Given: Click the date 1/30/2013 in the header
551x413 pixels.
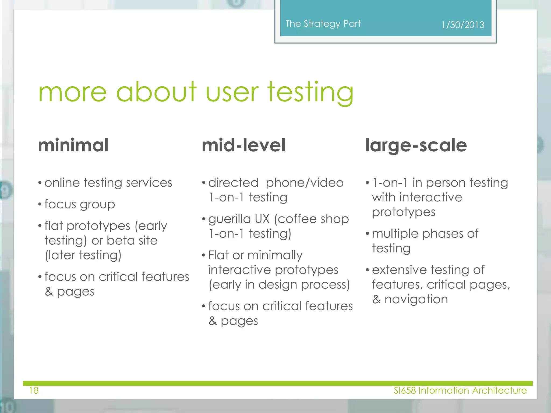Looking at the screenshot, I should coord(463,25).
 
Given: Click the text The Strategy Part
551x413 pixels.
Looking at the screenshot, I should coord(323,24).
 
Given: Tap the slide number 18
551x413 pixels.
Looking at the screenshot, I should coord(34,390).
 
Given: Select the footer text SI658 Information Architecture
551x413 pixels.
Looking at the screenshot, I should coord(460,390).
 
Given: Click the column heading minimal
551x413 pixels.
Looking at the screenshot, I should coord(73,145).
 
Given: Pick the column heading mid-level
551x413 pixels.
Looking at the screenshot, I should coord(243,145).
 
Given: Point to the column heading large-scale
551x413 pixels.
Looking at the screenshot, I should coord(416,145).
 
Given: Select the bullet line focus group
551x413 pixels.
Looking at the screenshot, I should coord(80,204).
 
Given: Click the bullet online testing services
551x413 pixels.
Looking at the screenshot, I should coord(108,183).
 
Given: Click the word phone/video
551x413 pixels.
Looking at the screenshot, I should coord(305,183).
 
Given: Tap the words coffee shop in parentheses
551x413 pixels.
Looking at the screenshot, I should coord(312,219).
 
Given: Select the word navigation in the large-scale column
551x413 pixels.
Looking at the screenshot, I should coord(416,299).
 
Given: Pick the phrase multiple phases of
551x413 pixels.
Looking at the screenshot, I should coord(425,234).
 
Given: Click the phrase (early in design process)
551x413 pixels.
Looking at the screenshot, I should coord(279,285).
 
